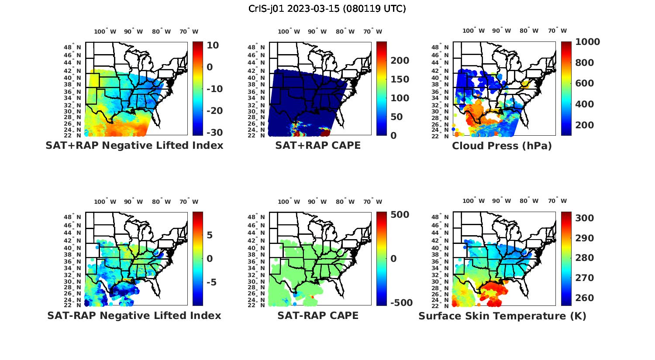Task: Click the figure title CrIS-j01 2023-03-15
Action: [327, 9]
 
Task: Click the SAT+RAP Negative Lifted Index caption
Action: [134, 145]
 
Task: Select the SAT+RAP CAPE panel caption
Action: [318, 145]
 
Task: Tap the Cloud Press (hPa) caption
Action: [502, 146]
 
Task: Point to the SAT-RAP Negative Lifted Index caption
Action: [134, 315]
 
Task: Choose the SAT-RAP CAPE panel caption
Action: [318, 315]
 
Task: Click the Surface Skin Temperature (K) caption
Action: [502, 316]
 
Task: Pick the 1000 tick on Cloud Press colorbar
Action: [587, 42]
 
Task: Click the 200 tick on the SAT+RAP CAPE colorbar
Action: [400, 61]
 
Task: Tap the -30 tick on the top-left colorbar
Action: [214, 133]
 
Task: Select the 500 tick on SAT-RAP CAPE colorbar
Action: [400, 215]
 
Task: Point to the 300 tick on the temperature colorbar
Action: [584, 218]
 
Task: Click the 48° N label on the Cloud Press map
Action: [443, 48]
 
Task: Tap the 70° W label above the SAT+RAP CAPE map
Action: [372, 31]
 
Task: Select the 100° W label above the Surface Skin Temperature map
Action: [474, 201]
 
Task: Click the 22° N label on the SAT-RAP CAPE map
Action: [259, 305]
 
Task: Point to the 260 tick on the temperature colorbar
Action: [584, 298]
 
